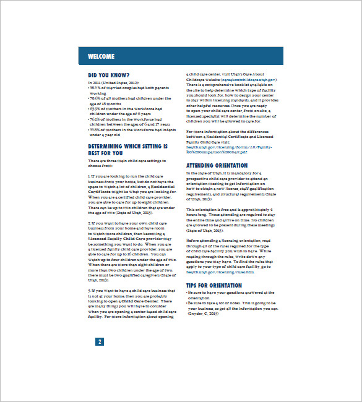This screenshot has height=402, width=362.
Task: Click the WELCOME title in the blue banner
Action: pos(101,56)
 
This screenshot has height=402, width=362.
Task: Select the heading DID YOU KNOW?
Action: pos(110,75)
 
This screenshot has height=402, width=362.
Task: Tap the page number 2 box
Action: pos(100,342)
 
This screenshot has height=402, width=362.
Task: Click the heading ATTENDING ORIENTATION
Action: pos(217,166)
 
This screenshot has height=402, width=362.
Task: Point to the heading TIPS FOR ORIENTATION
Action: pos(214,285)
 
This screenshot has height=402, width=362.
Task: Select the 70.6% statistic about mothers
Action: pos(95,98)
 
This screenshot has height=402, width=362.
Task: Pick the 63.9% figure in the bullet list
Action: pos(95,108)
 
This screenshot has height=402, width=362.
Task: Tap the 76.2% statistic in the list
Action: pos(95,119)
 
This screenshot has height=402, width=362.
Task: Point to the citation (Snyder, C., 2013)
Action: pos(207,314)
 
